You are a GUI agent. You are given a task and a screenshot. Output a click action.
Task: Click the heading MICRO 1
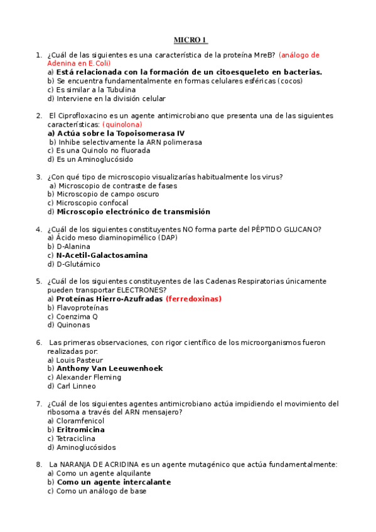click(190, 40)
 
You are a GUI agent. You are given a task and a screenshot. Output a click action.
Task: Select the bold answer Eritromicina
click(80, 430)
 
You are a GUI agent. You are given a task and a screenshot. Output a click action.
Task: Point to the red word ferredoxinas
click(193, 299)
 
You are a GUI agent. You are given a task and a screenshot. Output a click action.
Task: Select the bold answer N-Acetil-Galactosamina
click(102, 256)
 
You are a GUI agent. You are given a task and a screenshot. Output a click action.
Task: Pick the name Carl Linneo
click(76, 386)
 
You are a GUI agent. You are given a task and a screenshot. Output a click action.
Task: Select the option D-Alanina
click(74, 247)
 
